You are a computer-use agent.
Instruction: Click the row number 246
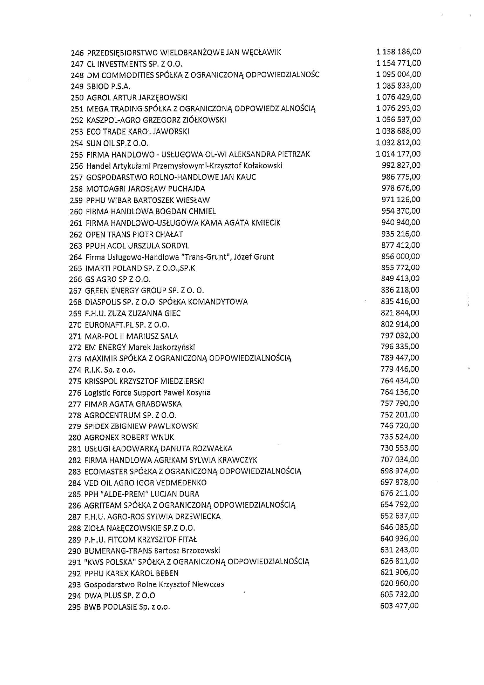point(77,53)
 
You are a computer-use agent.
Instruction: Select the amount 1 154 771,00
point(399,63)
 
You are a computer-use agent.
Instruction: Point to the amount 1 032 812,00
point(399,143)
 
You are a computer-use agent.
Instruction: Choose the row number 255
point(77,155)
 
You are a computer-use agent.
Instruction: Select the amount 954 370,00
point(401,211)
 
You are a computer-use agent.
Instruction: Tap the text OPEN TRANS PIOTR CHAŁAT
point(134,235)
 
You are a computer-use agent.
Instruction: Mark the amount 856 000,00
point(400,257)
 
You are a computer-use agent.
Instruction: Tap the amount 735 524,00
point(400,437)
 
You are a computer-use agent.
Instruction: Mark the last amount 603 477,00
point(399,606)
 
